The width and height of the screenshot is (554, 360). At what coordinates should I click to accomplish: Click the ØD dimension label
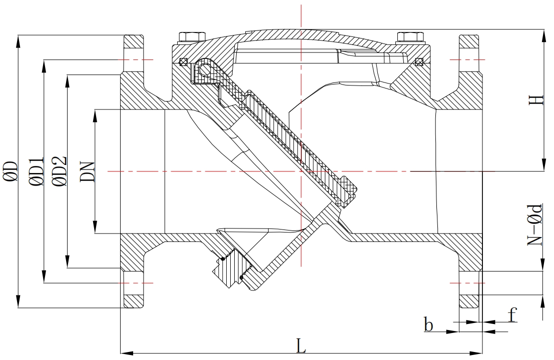pyautogui.click(x=11, y=171)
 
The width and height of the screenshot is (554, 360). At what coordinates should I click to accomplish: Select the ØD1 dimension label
pyautogui.click(x=37, y=171)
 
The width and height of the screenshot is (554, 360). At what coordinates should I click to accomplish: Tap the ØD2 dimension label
pyautogui.click(x=59, y=171)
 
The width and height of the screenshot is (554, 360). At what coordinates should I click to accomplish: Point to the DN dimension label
pyautogui.click(x=88, y=171)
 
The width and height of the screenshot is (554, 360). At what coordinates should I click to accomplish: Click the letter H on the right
pyautogui.click(x=536, y=100)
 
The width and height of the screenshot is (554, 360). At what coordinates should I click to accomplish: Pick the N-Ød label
pyautogui.click(x=534, y=224)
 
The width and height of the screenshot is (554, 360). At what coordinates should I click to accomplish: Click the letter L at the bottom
pyautogui.click(x=301, y=345)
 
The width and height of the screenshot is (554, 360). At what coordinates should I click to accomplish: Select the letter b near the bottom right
pyautogui.click(x=428, y=324)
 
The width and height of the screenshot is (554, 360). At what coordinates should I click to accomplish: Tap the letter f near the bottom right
pyautogui.click(x=512, y=314)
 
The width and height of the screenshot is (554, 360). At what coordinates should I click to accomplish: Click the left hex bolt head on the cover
pyautogui.click(x=192, y=36)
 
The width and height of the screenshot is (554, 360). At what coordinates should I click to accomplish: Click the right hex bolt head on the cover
pyautogui.click(x=410, y=36)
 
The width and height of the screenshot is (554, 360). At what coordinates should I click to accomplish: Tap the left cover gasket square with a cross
pyautogui.click(x=183, y=62)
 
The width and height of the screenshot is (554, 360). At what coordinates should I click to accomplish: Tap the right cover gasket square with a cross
pyautogui.click(x=419, y=62)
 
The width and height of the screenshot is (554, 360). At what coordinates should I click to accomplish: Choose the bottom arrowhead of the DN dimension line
pyautogui.click(x=95, y=227)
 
